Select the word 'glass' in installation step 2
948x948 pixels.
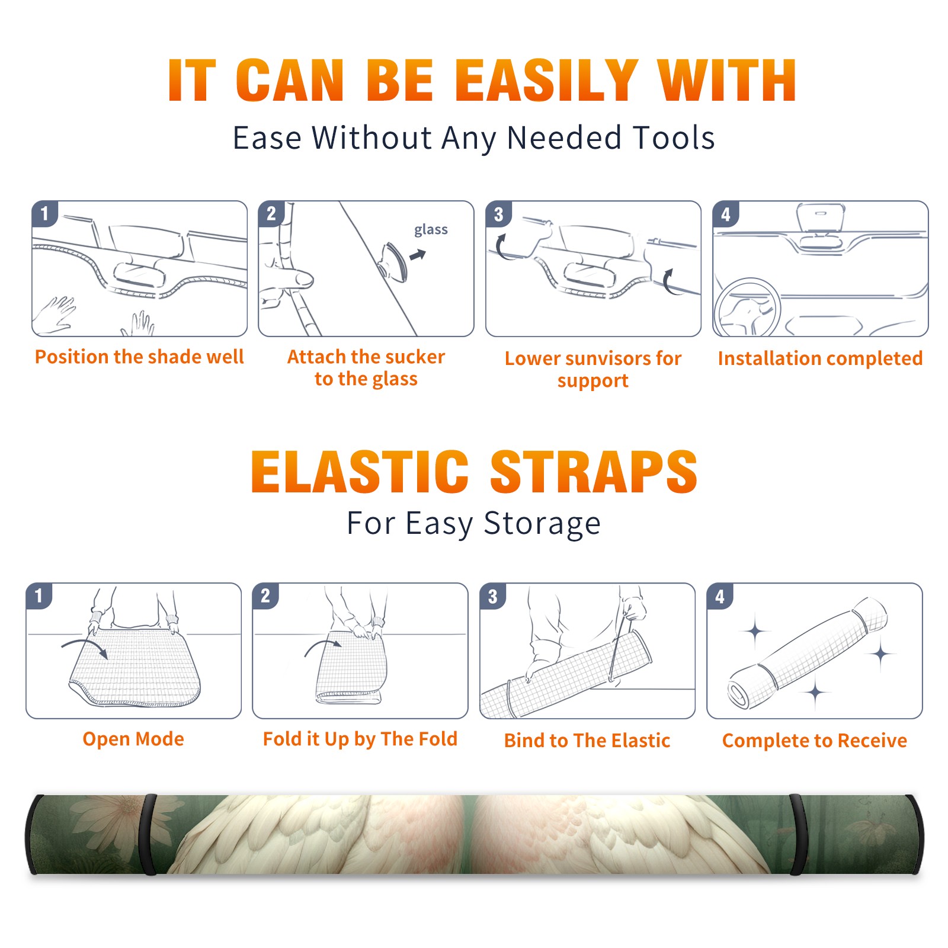point(431,230)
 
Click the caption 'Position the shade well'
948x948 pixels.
point(139,357)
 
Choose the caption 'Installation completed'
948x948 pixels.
point(820,358)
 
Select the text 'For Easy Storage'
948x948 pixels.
point(473,523)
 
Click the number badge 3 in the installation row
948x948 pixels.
point(498,214)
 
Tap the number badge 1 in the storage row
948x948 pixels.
point(39,596)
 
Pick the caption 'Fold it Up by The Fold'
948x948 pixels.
point(360,739)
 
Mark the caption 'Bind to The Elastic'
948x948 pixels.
point(587,741)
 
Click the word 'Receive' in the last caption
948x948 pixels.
point(872,741)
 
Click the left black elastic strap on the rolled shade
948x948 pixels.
point(149,834)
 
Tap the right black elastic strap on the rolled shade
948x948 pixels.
point(798,834)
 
